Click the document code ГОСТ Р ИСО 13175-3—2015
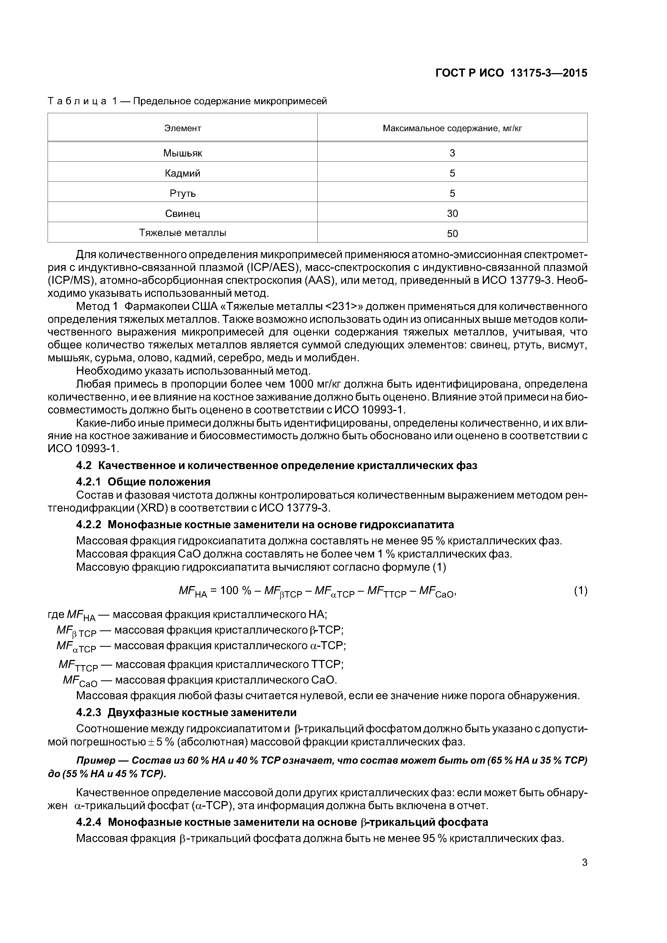click(x=511, y=73)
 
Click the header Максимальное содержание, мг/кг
click(x=452, y=128)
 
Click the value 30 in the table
click(x=452, y=213)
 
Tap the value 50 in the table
click(x=452, y=234)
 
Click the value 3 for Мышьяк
click(x=452, y=153)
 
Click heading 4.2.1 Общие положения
click(x=143, y=481)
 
